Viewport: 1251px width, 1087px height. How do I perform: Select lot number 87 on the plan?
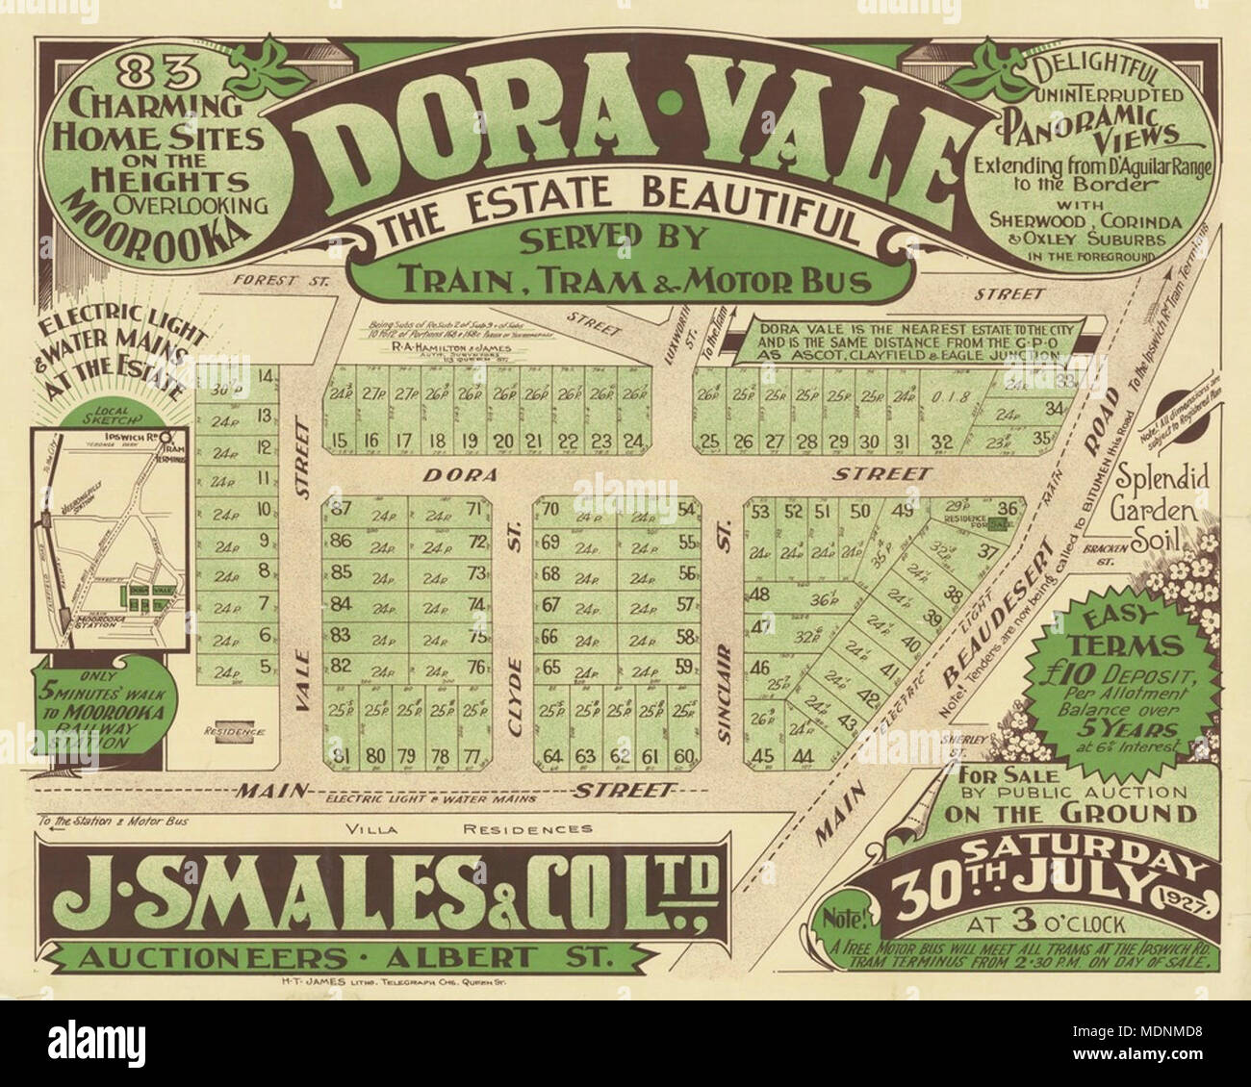[339, 510]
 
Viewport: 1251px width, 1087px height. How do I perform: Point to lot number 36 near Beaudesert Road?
[1008, 509]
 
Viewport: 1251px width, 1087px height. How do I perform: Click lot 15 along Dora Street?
[339, 442]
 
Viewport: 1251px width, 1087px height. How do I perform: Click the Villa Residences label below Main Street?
[469, 828]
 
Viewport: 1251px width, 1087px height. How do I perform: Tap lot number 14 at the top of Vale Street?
[267, 376]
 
